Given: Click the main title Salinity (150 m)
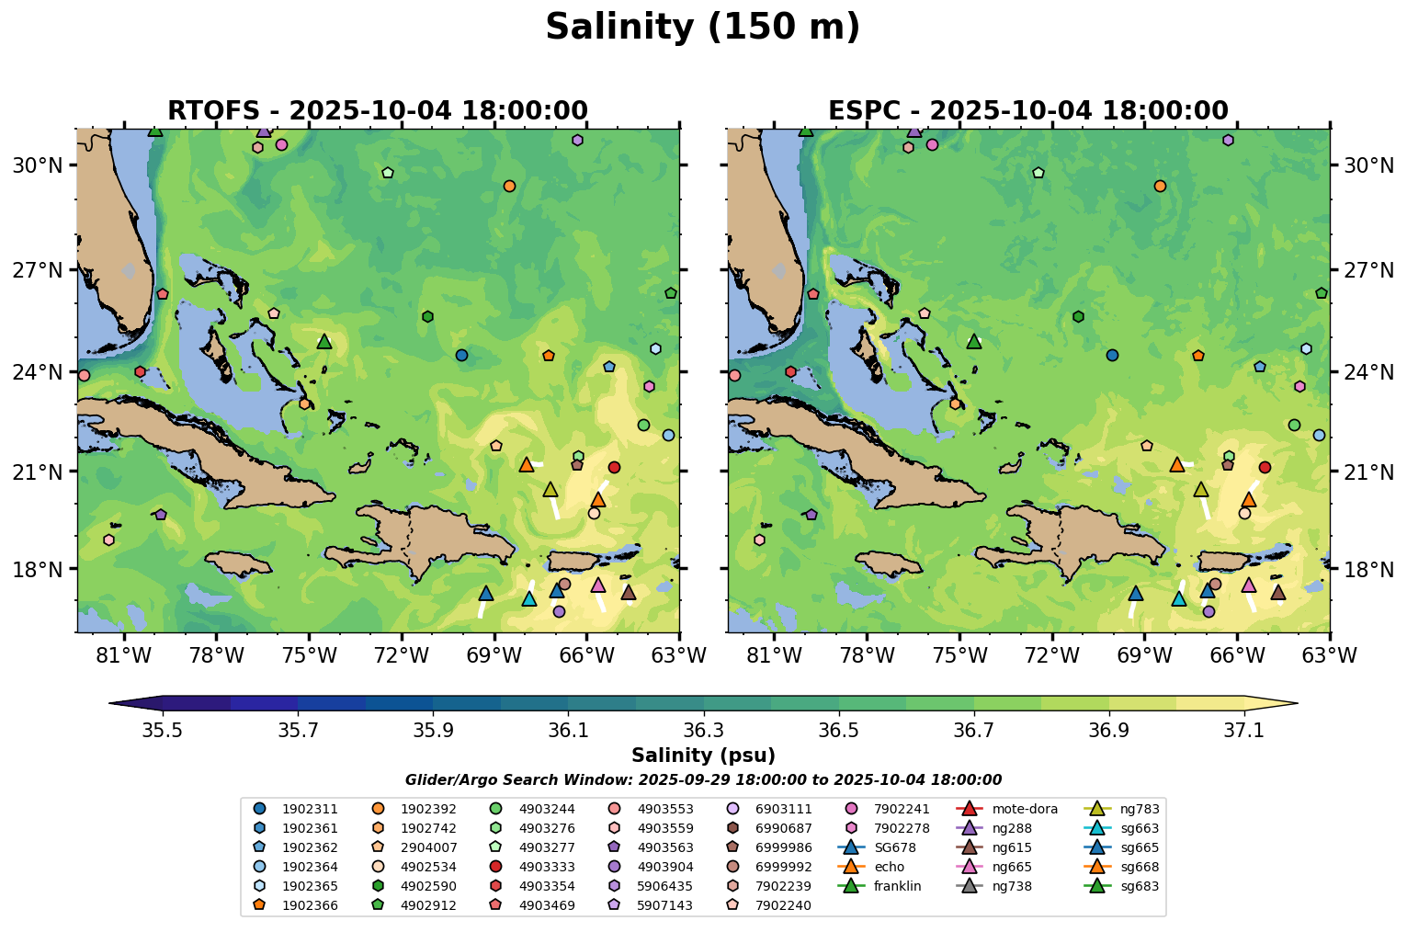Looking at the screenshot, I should [702, 28].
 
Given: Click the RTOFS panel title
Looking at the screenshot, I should [377, 111].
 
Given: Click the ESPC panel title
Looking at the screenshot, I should [1027, 111].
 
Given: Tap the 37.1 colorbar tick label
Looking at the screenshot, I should [1244, 731].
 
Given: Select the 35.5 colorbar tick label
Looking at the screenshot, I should [163, 731].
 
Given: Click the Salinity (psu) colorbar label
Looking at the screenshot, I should [703, 756].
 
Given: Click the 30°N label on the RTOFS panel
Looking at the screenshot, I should [37, 166].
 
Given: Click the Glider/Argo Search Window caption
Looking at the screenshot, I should [703, 780].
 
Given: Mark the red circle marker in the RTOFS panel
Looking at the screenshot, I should [614, 468].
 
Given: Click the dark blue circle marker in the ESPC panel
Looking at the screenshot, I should [1112, 355].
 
